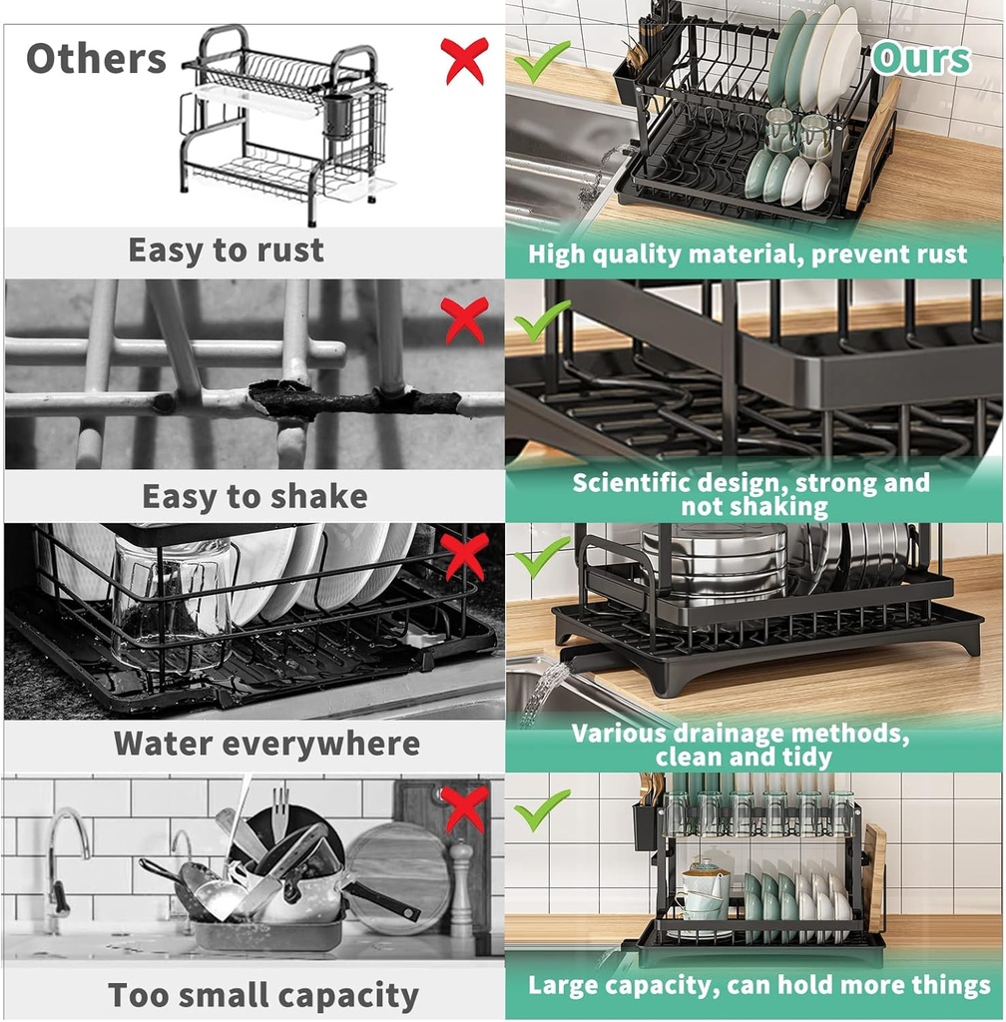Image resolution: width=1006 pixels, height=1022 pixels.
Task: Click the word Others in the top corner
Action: point(96,59)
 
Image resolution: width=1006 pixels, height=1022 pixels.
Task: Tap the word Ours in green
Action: point(920,59)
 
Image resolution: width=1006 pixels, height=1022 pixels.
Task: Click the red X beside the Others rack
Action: point(464,60)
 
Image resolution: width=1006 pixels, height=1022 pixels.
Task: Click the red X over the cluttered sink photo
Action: point(464,809)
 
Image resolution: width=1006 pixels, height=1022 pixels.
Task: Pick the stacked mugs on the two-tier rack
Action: point(705,893)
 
